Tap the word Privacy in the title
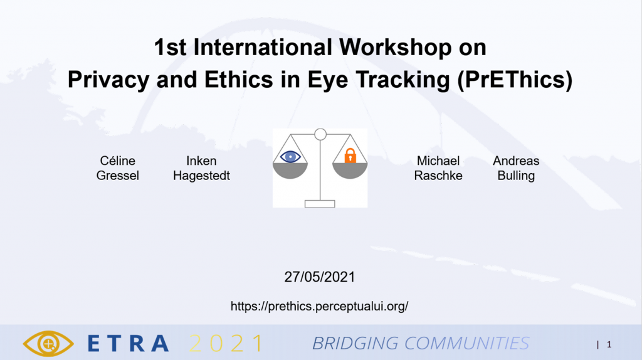[108, 80]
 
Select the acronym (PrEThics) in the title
[515, 80]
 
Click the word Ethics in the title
[238, 80]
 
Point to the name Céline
[117, 161]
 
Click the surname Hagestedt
[201, 176]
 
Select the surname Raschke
[438, 175]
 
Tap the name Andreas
[516, 161]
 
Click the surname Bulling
[516, 176]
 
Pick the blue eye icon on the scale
[290, 156]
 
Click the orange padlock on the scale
[350, 156]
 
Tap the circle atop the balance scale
[320, 134]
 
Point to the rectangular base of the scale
[320, 204]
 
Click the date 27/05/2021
[319, 277]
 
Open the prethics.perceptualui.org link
[319, 306]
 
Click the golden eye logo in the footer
[48, 343]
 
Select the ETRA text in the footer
[128, 344]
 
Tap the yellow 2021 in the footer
[226, 344]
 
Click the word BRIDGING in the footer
[355, 344]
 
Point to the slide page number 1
[609, 344]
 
